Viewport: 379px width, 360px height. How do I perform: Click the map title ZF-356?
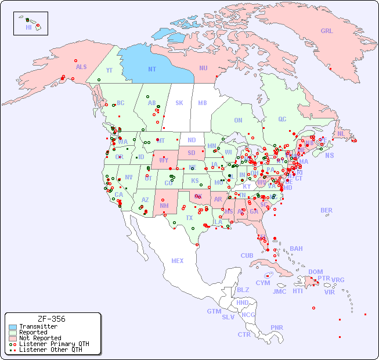tap(51, 319)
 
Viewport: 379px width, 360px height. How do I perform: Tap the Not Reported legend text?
tap(39, 338)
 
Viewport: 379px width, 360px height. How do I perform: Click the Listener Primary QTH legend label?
tap(53, 344)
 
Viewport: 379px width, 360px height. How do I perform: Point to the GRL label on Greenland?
tap(327, 31)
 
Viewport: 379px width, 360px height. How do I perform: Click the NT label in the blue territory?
tap(152, 69)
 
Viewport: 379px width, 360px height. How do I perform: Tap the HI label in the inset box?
tap(28, 27)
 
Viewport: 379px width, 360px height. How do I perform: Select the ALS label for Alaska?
tap(81, 67)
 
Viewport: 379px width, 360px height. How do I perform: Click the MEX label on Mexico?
tap(178, 261)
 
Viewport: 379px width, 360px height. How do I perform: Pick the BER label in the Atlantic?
tap(327, 210)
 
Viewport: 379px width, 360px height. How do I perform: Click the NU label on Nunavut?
tap(203, 69)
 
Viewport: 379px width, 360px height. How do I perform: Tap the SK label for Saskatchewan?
tap(179, 103)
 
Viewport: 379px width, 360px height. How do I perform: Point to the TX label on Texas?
tap(189, 218)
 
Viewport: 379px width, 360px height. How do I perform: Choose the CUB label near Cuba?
tap(247, 255)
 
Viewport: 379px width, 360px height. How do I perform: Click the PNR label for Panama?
tap(277, 327)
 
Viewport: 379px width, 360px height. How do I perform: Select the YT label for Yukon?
tap(109, 70)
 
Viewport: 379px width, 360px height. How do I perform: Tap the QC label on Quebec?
tap(282, 119)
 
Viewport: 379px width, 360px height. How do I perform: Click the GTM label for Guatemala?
tap(214, 311)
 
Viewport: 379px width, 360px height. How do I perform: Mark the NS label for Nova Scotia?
tap(330, 155)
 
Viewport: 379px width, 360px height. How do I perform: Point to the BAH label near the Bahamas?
tap(296, 249)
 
